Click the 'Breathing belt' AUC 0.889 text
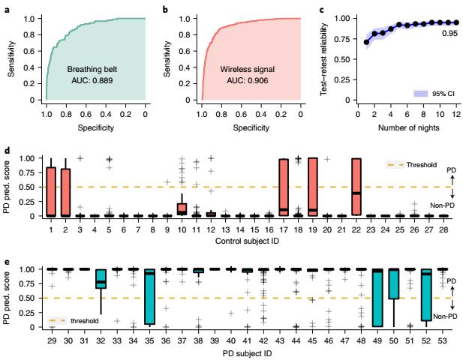tap(92, 73)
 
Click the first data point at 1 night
tap(366, 43)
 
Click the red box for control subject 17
tap(284, 187)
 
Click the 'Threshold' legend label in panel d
tap(423, 163)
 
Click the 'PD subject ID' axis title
tap(246, 351)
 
